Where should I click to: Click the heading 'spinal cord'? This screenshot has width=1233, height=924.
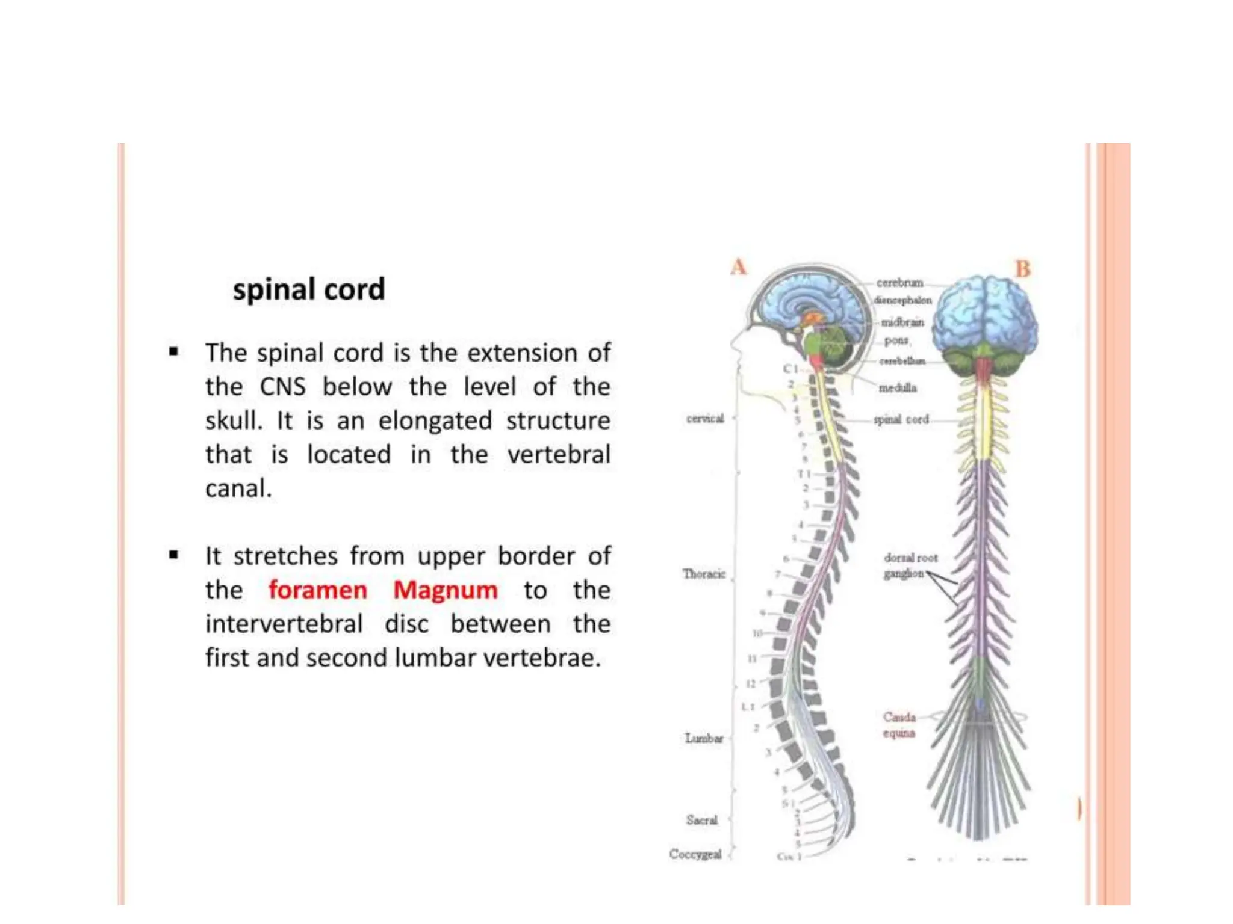point(308,290)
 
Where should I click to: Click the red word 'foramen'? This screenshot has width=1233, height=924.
point(317,590)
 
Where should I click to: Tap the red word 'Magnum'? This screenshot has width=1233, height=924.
point(445,590)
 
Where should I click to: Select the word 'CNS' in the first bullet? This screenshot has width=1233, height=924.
point(282,387)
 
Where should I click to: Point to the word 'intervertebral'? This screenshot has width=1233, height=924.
point(284,624)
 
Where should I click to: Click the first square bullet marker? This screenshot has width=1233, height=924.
point(174,352)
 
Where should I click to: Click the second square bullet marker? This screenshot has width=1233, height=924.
point(174,555)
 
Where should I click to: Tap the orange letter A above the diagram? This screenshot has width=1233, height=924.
point(738,267)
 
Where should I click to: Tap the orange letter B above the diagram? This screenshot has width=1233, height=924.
point(1022,269)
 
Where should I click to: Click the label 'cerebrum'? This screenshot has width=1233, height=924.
point(899,283)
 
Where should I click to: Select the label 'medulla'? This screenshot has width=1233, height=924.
point(897,388)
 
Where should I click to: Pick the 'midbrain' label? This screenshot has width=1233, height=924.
point(902,322)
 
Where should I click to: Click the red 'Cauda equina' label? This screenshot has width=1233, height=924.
point(899,725)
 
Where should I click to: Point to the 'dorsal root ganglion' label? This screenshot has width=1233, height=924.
point(910,565)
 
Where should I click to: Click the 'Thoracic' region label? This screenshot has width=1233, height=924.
point(703,574)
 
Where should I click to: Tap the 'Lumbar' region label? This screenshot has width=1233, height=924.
point(704,738)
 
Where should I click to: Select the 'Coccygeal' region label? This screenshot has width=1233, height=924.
point(695,854)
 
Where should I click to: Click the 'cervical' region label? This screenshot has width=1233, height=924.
point(704,419)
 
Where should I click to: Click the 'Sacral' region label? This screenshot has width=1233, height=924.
point(701,820)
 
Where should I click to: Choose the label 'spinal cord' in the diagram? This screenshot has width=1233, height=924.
point(901,419)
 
